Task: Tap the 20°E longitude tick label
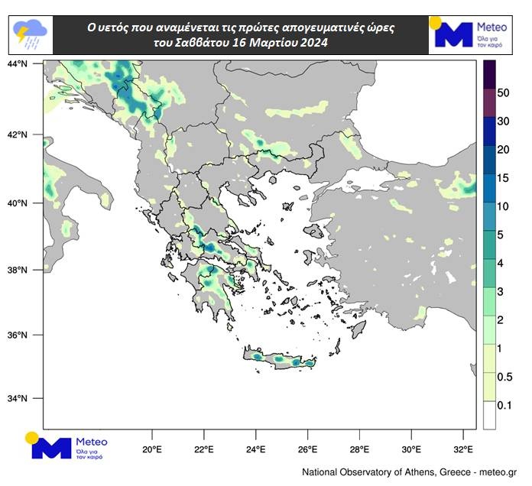pos(152,449)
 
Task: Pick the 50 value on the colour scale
pos(503,92)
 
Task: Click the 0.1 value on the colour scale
pos(504,405)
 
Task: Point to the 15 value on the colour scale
pos(503,178)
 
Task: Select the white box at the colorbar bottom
pos(489,414)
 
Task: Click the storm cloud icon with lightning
pos(31,33)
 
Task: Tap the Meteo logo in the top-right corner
pos(466,34)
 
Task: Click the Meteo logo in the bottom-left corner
pos(69,447)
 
